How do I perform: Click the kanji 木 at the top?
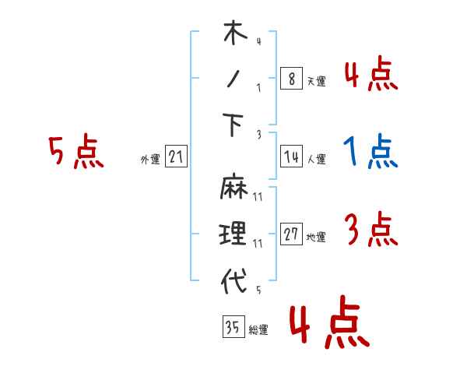click(x=233, y=36)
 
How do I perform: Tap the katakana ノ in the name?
click(x=233, y=80)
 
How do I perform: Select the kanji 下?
click(x=233, y=125)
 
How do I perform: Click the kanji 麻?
click(x=233, y=188)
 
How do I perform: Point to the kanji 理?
click(x=233, y=233)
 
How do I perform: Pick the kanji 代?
click(x=233, y=281)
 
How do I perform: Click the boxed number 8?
click(x=290, y=79)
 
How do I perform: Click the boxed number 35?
click(x=232, y=328)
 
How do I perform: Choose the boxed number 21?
click(x=176, y=158)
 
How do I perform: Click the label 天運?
click(x=315, y=81)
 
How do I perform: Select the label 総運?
click(x=258, y=330)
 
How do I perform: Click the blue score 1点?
click(x=370, y=151)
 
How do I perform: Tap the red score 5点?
click(x=75, y=151)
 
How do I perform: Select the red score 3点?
click(x=370, y=230)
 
